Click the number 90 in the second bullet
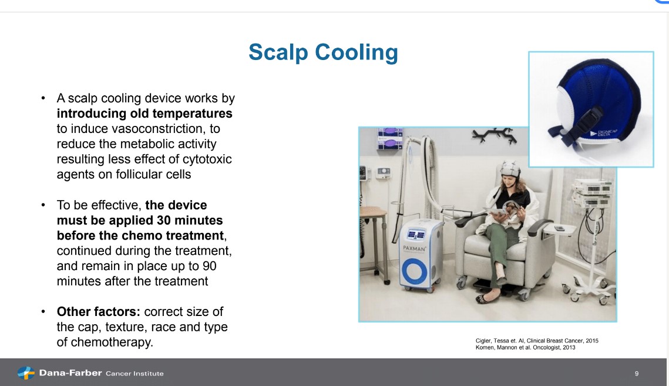click(209, 266)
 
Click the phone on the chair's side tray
click(559, 228)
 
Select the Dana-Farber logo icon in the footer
click(26, 373)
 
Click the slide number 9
click(637, 373)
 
